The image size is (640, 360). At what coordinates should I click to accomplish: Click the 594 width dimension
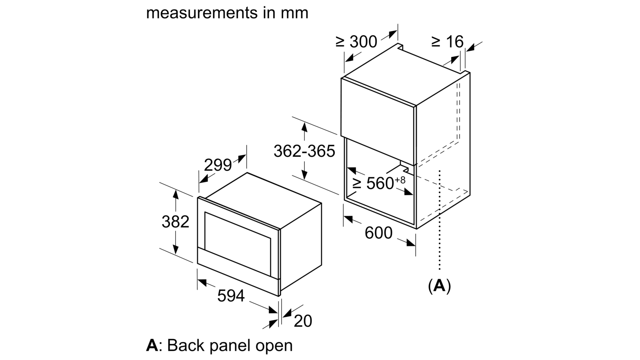[231, 296]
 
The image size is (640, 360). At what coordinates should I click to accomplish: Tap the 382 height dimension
[176, 222]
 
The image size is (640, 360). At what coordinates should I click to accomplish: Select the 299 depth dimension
[218, 165]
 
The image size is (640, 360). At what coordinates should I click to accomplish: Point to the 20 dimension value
[303, 321]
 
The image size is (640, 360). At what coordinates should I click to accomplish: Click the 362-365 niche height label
[304, 151]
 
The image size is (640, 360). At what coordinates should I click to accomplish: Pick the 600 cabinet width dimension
[378, 232]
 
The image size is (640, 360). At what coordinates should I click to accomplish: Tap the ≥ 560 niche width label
[374, 183]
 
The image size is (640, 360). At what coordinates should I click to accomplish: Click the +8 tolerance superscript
[400, 180]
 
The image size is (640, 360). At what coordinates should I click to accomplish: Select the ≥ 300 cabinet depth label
[356, 42]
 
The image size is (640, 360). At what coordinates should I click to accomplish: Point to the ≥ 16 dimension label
[448, 42]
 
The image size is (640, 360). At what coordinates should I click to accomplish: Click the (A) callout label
[440, 286]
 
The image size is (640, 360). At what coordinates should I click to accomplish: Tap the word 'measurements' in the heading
[202, 13]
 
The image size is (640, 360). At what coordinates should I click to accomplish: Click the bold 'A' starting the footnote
[152, 345]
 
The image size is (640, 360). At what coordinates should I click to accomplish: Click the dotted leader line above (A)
[440, 220]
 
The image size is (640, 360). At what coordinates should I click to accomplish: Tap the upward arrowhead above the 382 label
[176, 194]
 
